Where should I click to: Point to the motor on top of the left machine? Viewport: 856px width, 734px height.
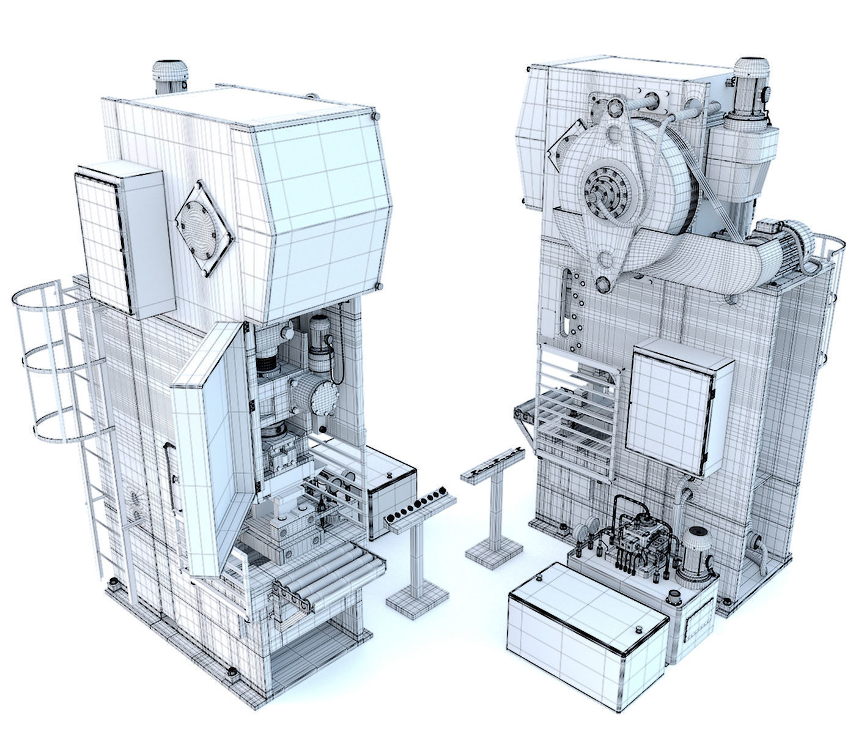pos(169,76)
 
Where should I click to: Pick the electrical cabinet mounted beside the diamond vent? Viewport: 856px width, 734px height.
pos(125,239)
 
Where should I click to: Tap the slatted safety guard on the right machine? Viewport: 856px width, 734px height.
pos(575,416)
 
